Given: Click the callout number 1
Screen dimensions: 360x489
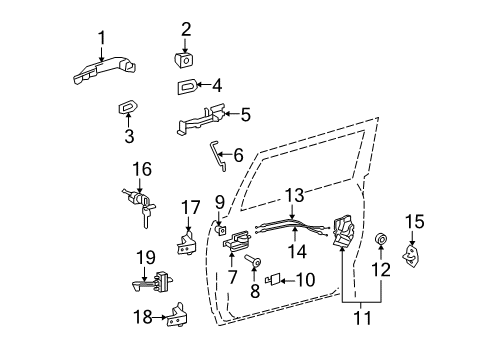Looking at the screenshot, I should tap(100, 39).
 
